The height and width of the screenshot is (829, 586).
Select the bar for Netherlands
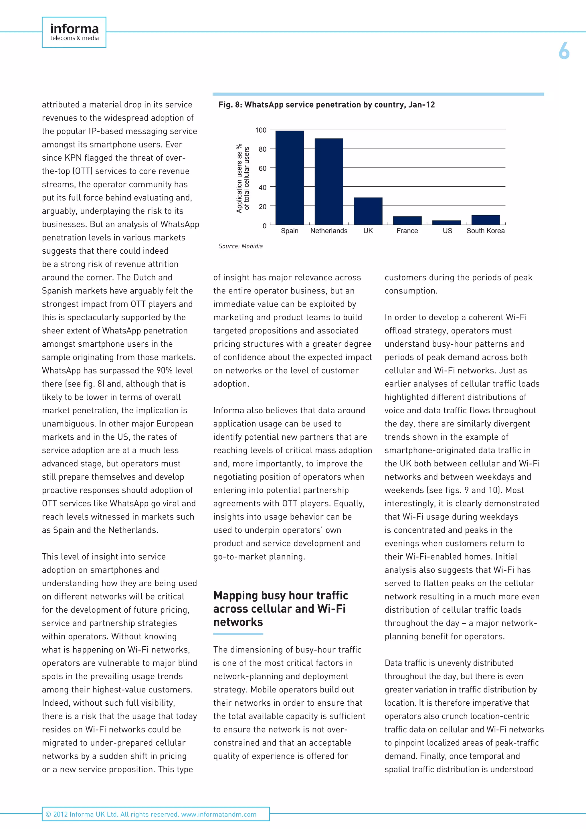click(329, 181)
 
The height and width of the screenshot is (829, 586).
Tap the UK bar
click(368, 211)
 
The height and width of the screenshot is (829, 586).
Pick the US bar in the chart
click(446, 222)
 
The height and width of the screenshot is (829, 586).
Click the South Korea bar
click(486, 220)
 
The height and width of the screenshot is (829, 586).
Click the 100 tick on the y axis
click(261, 130)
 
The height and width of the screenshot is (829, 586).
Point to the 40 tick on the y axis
click(262, 187)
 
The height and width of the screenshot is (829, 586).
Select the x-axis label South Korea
click(485, 231)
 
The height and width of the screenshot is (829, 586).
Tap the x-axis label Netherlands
click(329, 231)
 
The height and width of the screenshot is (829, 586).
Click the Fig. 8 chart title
click(326, 105)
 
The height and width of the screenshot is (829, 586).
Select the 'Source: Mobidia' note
click(240, 246)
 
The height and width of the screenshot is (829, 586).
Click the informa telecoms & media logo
click(74, 32)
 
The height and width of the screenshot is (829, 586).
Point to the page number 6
click(564, 51)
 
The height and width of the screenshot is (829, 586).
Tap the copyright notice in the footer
click(151, 814)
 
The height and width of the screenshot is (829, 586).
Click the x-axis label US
click(447, 231)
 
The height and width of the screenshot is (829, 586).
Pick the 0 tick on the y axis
click(264, 226)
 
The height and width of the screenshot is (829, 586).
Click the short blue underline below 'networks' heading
click(238, 634)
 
